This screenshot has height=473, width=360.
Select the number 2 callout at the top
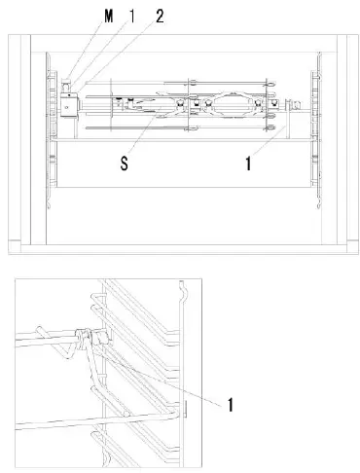(159, 16)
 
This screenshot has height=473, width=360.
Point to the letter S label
(125, 164)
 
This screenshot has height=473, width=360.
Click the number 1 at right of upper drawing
(250, 164)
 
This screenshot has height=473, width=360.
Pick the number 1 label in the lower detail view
(231, 402)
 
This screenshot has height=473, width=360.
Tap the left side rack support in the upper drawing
(50, 136)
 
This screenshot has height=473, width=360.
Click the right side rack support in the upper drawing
(314, 136)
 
